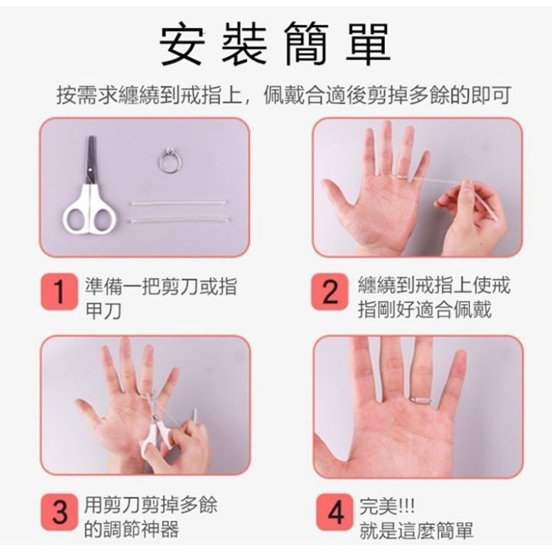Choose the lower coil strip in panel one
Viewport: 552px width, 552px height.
179,221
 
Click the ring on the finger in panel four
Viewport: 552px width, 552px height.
420,398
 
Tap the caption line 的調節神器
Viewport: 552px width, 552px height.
130,530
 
